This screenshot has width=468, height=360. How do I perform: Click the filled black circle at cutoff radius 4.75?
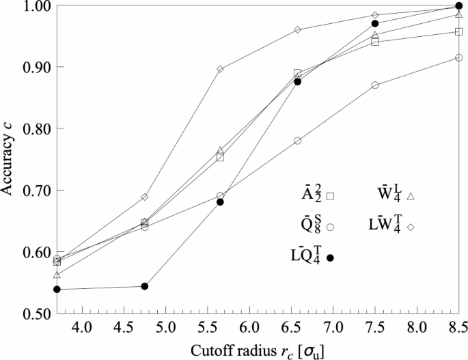145,286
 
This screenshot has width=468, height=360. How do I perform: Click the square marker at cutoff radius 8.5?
458,31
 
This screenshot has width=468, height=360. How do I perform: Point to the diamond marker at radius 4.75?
145,197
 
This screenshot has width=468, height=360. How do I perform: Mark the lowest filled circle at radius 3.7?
57,290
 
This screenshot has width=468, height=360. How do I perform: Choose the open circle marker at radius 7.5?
375,85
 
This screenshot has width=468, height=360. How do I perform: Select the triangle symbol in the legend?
411,196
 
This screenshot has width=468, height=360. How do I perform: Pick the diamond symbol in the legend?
411,226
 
